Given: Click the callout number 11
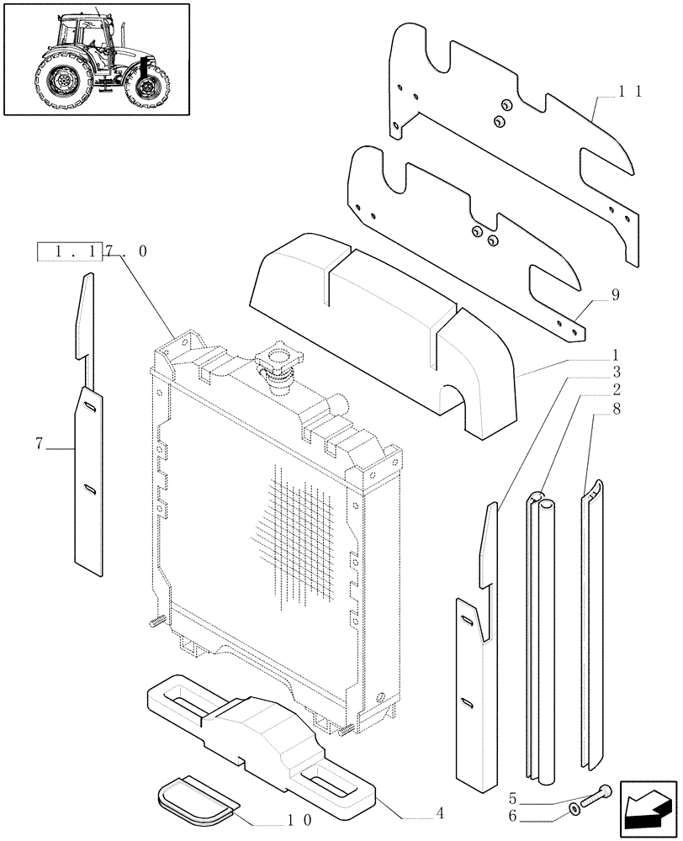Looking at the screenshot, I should (630, 93).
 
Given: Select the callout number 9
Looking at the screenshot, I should (615, 294).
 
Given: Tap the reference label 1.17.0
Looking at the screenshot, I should (93, 251).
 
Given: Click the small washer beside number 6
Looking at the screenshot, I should (574, 809).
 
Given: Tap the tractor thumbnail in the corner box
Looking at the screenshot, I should (95, 59).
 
